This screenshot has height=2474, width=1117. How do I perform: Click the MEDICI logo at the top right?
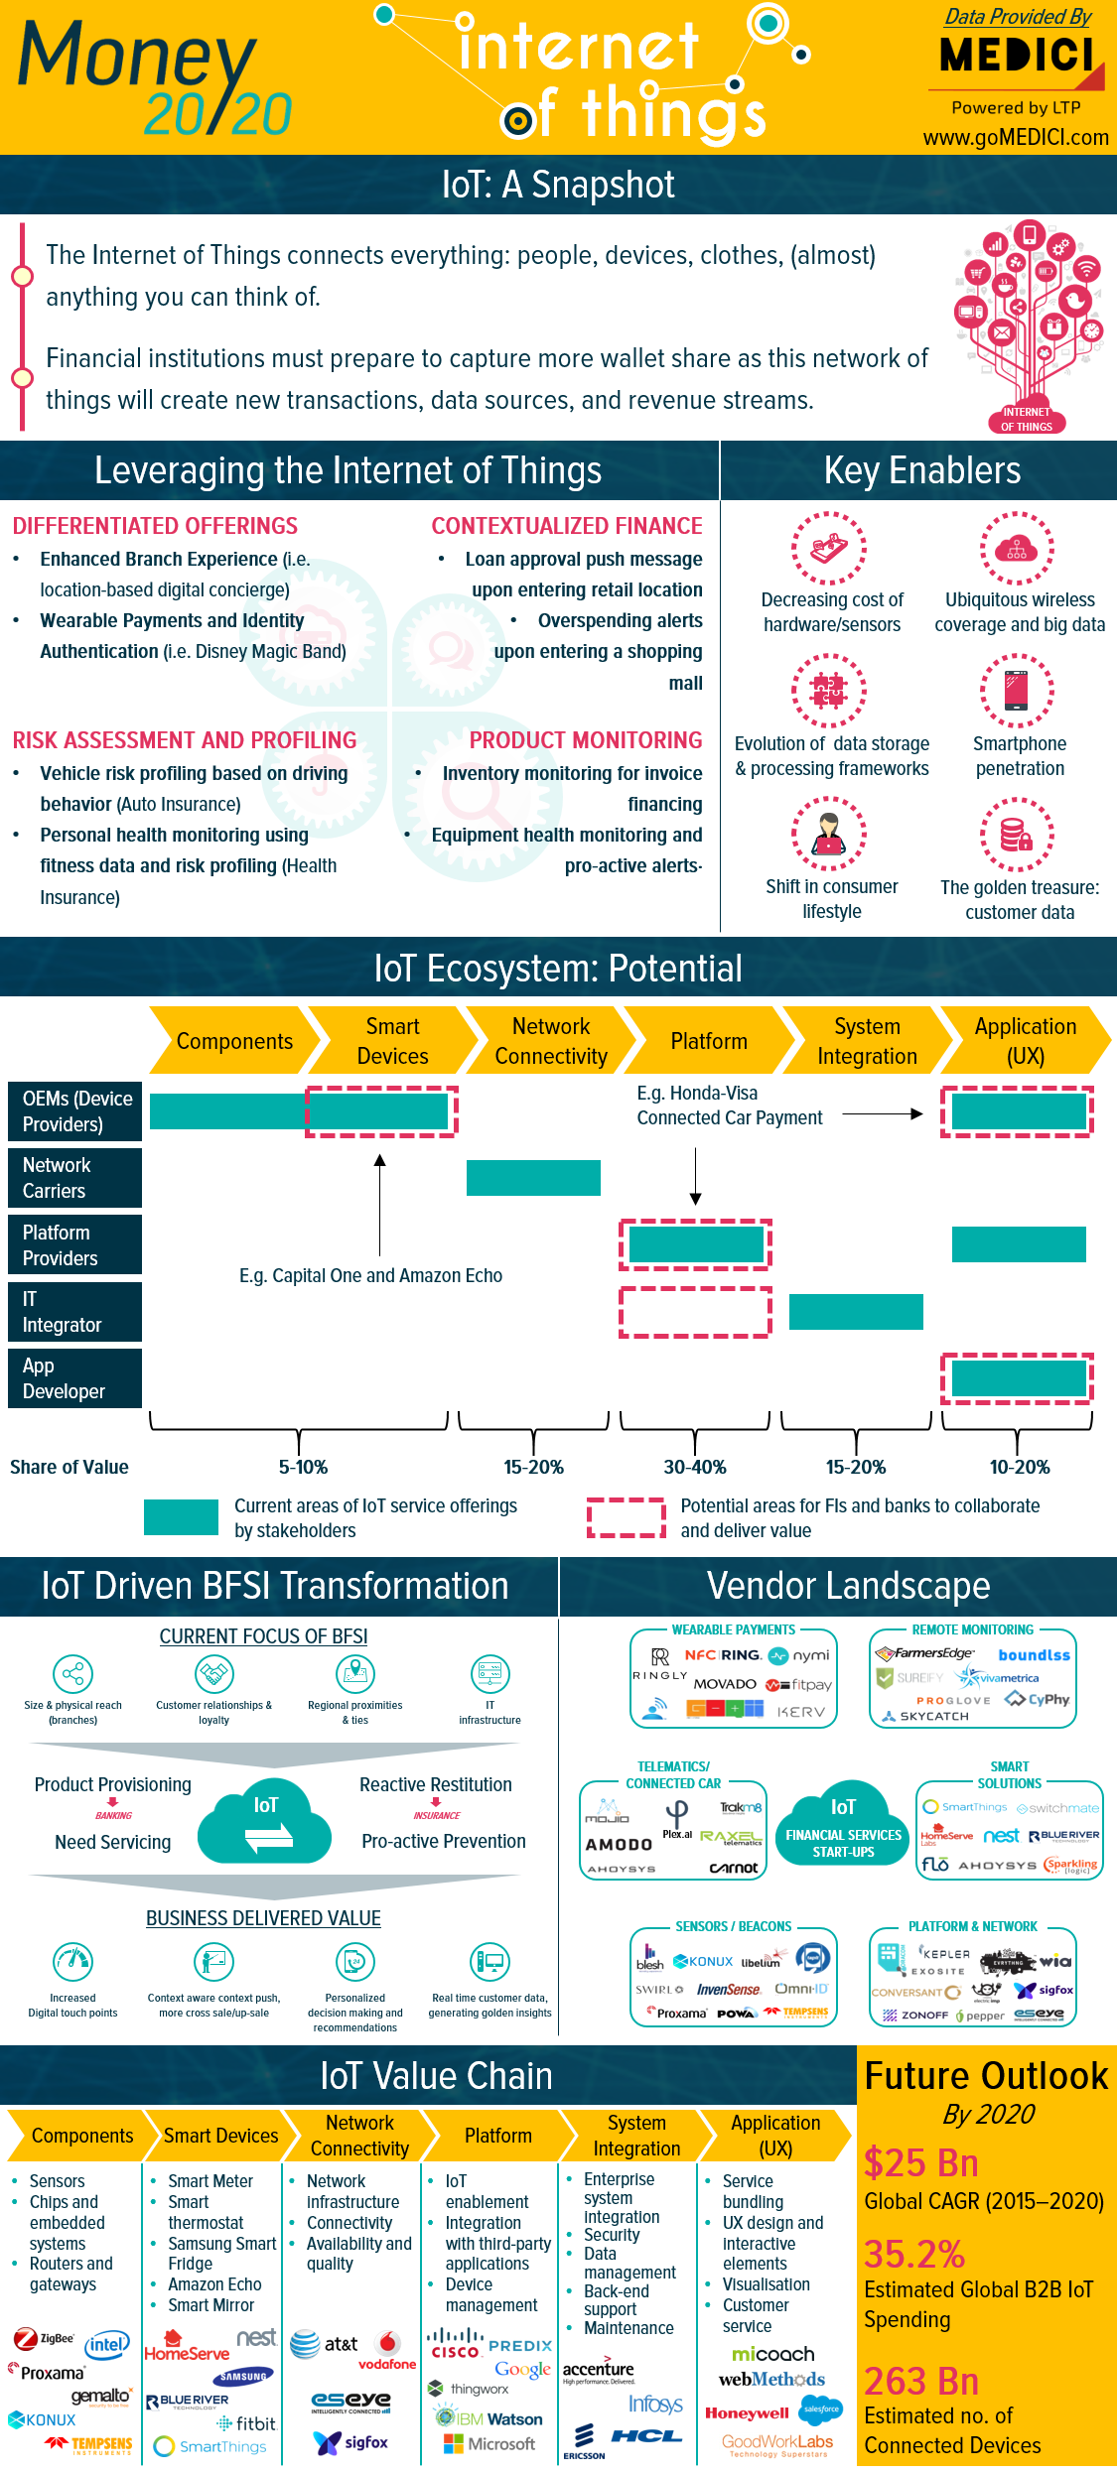1020,57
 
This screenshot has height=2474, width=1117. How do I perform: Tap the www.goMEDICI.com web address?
1015,138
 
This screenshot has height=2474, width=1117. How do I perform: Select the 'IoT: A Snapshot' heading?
558,185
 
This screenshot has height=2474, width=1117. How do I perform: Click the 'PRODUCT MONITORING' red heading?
585,740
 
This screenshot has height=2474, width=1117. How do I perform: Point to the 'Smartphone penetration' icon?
1017,691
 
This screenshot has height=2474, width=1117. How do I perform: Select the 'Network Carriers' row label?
74,1178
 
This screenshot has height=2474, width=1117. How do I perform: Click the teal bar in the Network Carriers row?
533,1178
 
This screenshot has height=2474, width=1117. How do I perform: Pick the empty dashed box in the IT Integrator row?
695,1312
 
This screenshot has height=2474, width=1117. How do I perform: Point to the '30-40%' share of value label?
695,1467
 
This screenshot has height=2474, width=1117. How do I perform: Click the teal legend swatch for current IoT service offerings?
181,1517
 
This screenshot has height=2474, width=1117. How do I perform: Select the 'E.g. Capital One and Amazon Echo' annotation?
370,1275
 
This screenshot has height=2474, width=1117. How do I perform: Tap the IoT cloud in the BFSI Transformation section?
264,1822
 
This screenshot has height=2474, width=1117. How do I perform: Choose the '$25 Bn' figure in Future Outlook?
920,2163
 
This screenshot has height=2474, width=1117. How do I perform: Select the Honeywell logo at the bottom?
747,2413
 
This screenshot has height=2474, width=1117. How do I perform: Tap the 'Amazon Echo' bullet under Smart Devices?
214,2284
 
